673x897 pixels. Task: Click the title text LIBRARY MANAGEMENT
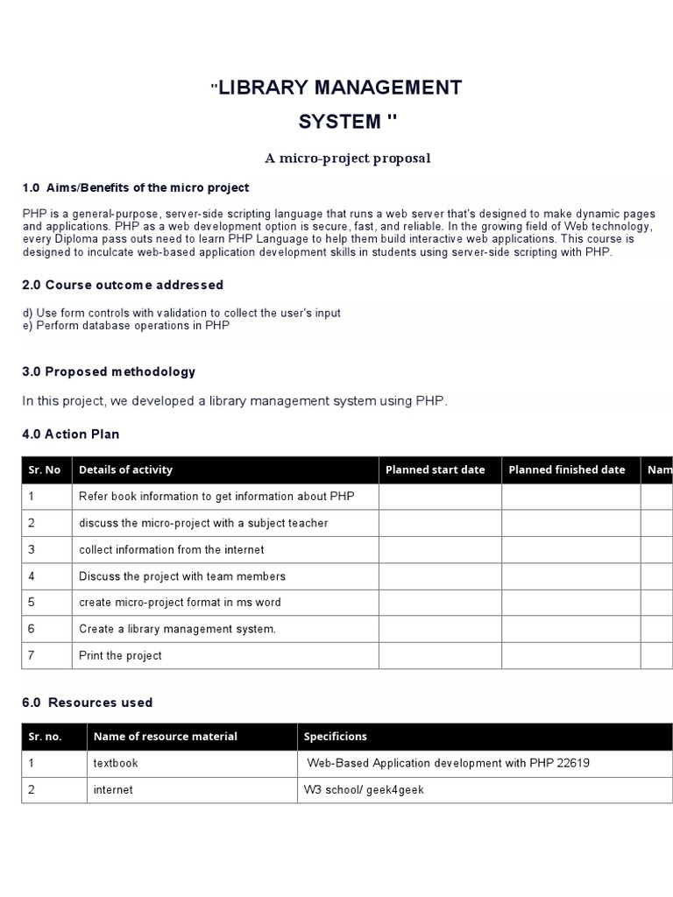pos(339,88)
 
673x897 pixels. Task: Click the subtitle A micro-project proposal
pos(348,159)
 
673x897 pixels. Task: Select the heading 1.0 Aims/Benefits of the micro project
pos(135,187)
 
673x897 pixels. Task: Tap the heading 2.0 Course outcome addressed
pos(122,285)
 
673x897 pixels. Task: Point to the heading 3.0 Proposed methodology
pos(109,371)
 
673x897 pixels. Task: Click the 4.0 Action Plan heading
pos(71,434)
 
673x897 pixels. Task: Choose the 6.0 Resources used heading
pos(87,703)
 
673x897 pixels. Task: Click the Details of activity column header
pos(125,470)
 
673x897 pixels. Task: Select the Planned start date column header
pos(435,470)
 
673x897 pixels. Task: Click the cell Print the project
pos(120,655)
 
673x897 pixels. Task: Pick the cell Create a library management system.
pos(177,629)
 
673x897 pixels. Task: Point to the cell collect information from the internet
pos(171,549)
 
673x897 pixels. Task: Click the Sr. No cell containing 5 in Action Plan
pos(32,603)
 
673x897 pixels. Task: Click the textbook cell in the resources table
pos(116,763)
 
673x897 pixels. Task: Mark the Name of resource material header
pos(165,737)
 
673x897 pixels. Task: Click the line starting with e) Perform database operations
pos(125,325)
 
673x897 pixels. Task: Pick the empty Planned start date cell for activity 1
pos(440,496)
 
